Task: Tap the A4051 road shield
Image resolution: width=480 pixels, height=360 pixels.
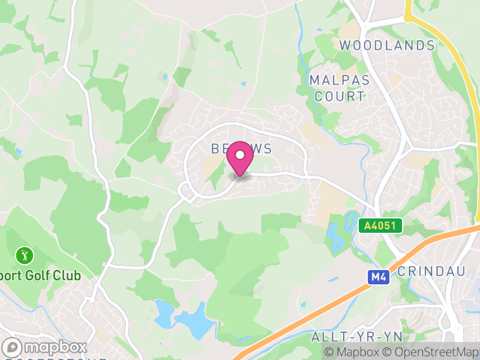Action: (380, 226)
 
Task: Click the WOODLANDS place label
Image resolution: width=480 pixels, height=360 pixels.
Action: (387, 46)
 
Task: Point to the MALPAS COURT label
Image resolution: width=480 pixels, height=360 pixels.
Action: (338, 88)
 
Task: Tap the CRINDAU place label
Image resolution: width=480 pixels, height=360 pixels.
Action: (431, 271)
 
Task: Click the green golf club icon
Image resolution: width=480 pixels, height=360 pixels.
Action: (25, 256)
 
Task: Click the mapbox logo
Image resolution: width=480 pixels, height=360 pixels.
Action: (45, 347)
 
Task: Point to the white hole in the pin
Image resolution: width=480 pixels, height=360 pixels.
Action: (240, 155)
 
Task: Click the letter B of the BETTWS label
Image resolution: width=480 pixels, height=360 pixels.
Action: (215, 148)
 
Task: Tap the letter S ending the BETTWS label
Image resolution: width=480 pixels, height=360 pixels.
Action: (268, 148)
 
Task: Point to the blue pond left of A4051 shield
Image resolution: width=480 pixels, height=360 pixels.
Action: (334, 236)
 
